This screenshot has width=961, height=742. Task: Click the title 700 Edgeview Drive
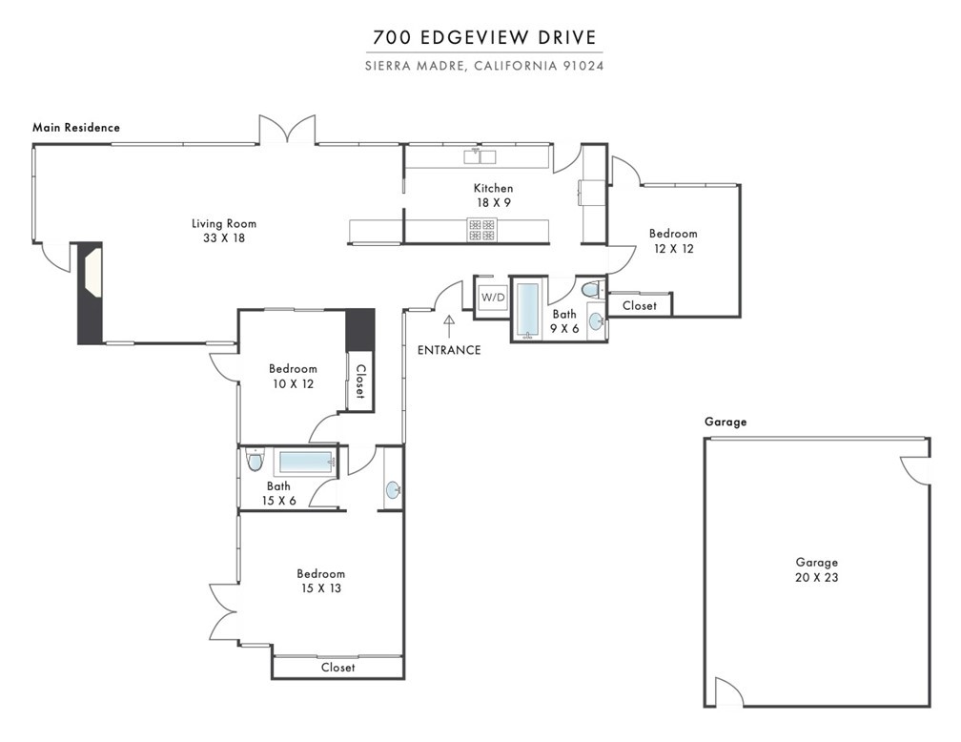tap(484, 38)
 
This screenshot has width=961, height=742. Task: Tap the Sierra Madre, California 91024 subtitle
tap(484, 66)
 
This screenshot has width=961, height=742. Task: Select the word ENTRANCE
tap(449, 350)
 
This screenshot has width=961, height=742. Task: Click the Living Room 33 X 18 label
tap(224, 231)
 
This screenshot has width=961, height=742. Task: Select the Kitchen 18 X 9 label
tap(494, 196)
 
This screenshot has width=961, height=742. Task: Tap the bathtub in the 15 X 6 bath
tap(304, 464)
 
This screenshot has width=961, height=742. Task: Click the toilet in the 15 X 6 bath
tap(254, 462)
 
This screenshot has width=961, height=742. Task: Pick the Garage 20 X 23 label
tap(818, 569)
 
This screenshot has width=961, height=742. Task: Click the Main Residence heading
tap(76, 127)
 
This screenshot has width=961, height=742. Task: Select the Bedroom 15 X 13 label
tap(320, 581)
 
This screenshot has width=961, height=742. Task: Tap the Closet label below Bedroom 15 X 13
tap(337, 668)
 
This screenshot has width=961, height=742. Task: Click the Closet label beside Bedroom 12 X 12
tap(639, 305)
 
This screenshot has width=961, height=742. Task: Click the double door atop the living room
tap(288, 132)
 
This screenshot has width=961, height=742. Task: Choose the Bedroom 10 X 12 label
tap(293, 376)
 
